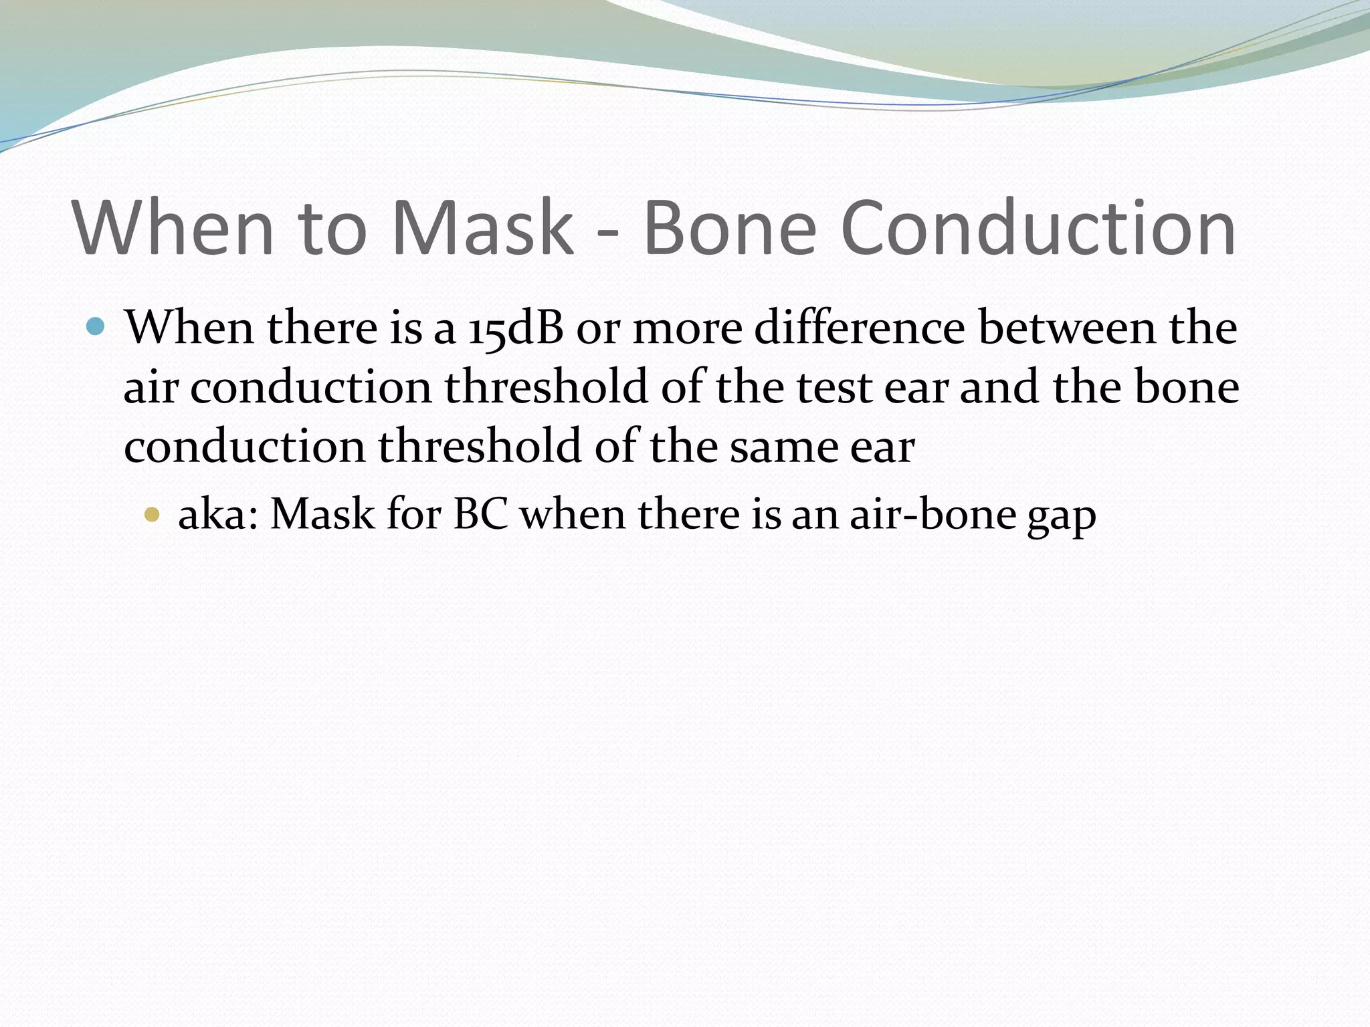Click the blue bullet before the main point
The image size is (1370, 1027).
(x=96, y=326)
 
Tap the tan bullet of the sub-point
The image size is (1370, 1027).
(x=153, y=514)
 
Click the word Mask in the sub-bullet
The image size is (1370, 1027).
(x=322, y=514)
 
